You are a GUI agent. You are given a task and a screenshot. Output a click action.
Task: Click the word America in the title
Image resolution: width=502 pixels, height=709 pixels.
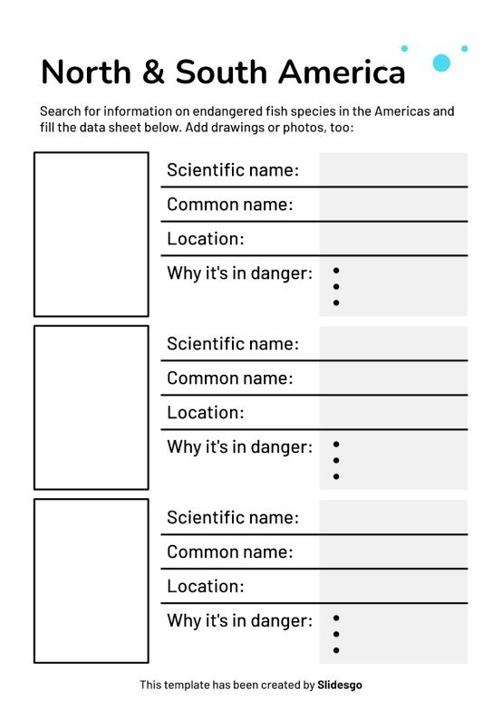342,72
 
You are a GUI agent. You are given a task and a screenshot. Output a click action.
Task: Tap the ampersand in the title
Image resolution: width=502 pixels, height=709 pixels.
153,72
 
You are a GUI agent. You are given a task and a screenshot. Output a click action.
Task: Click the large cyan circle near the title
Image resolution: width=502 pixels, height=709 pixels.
441,62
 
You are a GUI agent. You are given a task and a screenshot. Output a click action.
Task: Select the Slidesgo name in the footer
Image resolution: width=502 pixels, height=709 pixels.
341,685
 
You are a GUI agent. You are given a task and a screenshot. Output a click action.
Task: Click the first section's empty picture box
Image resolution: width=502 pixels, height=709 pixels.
91,234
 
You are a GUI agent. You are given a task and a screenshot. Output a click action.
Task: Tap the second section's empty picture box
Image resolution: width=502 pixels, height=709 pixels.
91,407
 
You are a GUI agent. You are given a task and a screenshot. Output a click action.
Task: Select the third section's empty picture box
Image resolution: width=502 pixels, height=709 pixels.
91,580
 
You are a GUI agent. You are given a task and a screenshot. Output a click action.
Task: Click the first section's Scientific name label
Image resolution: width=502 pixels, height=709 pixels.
232,170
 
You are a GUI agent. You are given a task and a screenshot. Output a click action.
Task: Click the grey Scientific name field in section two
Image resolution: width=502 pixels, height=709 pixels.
393,343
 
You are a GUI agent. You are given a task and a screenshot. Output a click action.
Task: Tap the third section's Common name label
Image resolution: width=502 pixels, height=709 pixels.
229,551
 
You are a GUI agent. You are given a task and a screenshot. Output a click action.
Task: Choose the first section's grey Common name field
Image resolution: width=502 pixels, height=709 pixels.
393,205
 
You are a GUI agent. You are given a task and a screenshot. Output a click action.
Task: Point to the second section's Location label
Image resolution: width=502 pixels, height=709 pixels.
205,413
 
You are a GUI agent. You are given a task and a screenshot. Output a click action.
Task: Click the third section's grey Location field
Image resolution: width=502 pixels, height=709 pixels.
393,586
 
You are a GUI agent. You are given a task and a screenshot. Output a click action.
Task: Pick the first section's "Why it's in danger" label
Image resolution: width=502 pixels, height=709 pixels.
239,273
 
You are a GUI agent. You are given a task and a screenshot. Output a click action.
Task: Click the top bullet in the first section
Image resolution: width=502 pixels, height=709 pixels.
336,271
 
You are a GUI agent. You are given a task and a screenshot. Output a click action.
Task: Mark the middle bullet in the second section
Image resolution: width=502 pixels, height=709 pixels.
336,460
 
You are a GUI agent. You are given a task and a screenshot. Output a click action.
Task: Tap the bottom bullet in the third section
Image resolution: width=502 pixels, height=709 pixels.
336,650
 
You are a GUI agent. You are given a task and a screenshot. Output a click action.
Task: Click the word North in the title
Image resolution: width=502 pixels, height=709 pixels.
84,72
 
